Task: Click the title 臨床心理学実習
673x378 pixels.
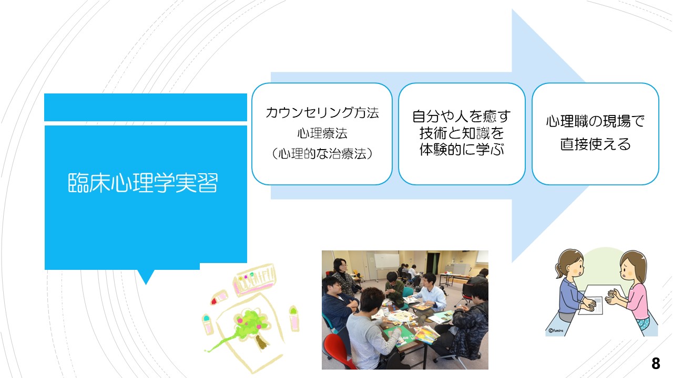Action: click(142, 183)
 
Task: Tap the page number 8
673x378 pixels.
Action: click(656, 363)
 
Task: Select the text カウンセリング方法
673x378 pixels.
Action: click(322, 112)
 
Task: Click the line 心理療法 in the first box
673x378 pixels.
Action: click(322, 133)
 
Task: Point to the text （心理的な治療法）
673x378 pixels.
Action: click(322, 154)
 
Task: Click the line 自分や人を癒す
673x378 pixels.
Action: click(462, 117)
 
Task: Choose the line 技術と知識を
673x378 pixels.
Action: click(462, 133)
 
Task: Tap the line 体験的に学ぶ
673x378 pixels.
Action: click(462, 150)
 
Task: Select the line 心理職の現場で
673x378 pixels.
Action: click(595, 121)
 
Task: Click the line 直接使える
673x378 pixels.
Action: click(595, 144)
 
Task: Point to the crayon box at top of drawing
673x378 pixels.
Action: click(255, 280)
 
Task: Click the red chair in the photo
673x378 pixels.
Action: click(336, 351)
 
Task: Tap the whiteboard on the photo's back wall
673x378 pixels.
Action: click(386, 261)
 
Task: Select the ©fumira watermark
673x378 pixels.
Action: click(556, 331)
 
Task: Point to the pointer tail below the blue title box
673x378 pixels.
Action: click(146, 277)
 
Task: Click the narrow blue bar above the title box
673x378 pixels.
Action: click(146, 108)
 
